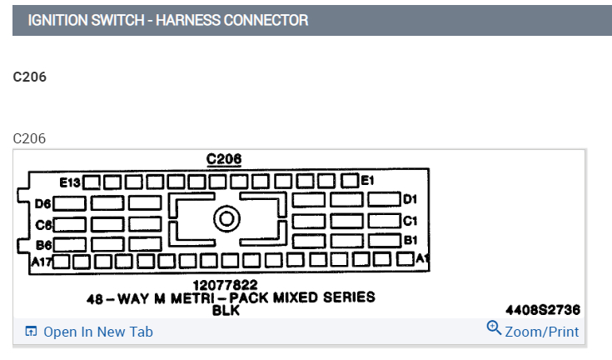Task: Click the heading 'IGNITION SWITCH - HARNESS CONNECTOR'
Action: tap(167, 20)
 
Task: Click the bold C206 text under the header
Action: tap(30, 77)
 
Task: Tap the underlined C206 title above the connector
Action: tap(224, 159)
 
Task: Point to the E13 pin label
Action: tap(70, 181)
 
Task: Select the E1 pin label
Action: tap(368, 180)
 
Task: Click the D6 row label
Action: tap(43, 202)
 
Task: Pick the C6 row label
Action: tap(43, 224)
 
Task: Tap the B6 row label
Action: tap(43, 245)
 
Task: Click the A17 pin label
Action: tap(42, 262)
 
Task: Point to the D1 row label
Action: tap(410, 199)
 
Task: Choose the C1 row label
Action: tap(410, 221)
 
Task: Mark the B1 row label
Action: tap(410, 240)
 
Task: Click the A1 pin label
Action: tap(422, 258)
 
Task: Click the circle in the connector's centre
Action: tap(226, 220)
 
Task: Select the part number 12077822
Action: tap(225, 285)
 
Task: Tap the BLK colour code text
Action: tap(226, 309)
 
